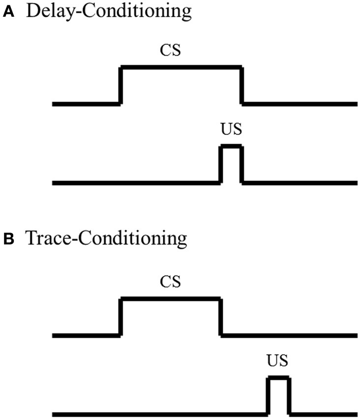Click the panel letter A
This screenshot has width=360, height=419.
[x=8, y=13]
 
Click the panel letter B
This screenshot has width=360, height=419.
[x=8, y=239]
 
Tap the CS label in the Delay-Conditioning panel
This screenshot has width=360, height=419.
[x=170, y=50]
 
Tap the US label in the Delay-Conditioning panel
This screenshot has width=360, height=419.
[x=232, y=131]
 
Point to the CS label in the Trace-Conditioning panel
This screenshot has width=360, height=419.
[x=170, y=282]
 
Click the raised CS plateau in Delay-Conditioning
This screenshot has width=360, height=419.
[x=181, y=67]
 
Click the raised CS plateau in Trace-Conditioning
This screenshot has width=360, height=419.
[x=170, y=299]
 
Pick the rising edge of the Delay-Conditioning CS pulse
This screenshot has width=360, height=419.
[x=120, y=86]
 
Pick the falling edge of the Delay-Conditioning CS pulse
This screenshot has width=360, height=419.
[x=242, y=86]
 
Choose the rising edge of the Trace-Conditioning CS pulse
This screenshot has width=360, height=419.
[x=120, y=317]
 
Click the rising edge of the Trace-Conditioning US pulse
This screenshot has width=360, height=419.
[x=268, y=396]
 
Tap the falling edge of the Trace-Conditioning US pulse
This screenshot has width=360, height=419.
[x=290, y=396]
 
